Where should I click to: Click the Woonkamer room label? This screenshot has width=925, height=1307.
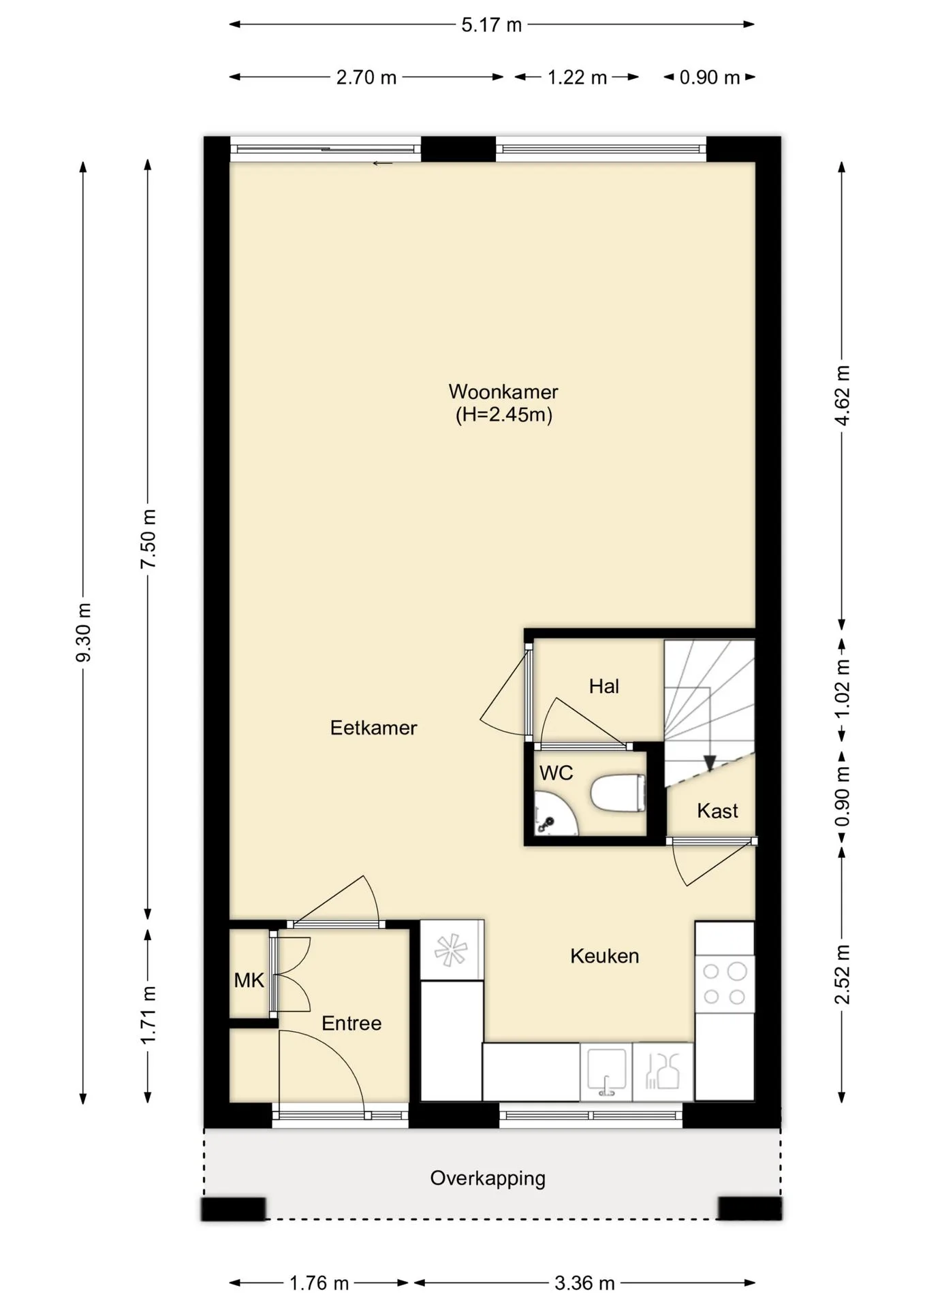tap(503, 391)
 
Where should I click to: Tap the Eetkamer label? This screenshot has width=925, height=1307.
tap(373, 728)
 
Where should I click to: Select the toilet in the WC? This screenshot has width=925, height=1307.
tap(617, 794)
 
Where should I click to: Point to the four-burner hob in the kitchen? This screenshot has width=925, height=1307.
tap(724, 984)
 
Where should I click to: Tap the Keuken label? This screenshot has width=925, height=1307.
tap(605, 956)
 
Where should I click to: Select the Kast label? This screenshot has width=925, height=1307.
tap(717, 811)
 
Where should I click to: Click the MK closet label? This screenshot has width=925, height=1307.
tap(249, 980)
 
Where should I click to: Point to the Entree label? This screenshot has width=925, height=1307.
tap(351, 1023)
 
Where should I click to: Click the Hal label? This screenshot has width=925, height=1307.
tap(604, 686)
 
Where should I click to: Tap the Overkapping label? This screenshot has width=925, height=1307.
tap(488, 1178)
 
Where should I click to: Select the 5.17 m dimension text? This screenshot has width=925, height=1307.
tap(491, 25)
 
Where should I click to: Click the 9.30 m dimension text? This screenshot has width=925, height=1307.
tap(83, 632)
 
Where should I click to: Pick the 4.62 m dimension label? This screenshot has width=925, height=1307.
tap(843, 396)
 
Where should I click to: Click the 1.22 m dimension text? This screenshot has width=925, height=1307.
tap(577, 78)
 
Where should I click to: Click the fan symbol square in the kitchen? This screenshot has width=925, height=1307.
tap(452, 950)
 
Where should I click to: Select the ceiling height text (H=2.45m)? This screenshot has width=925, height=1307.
tap(503, 415)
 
